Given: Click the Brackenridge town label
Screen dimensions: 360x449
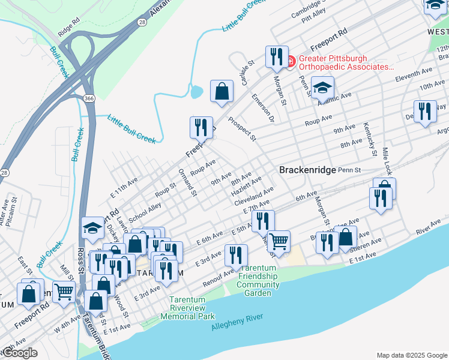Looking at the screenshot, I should pos(307,170).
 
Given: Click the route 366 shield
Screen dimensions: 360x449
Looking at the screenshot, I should pos(88,98).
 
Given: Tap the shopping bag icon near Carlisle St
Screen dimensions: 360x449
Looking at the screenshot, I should pos(221,91).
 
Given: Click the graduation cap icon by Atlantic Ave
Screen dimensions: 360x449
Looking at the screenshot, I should pos(322,87).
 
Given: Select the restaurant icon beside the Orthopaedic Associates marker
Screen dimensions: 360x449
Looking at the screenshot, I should pos(276,57).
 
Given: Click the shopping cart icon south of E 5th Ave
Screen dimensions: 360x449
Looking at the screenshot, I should pos(279,241).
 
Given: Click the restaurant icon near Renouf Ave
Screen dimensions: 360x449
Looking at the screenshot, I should pos(236,255).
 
